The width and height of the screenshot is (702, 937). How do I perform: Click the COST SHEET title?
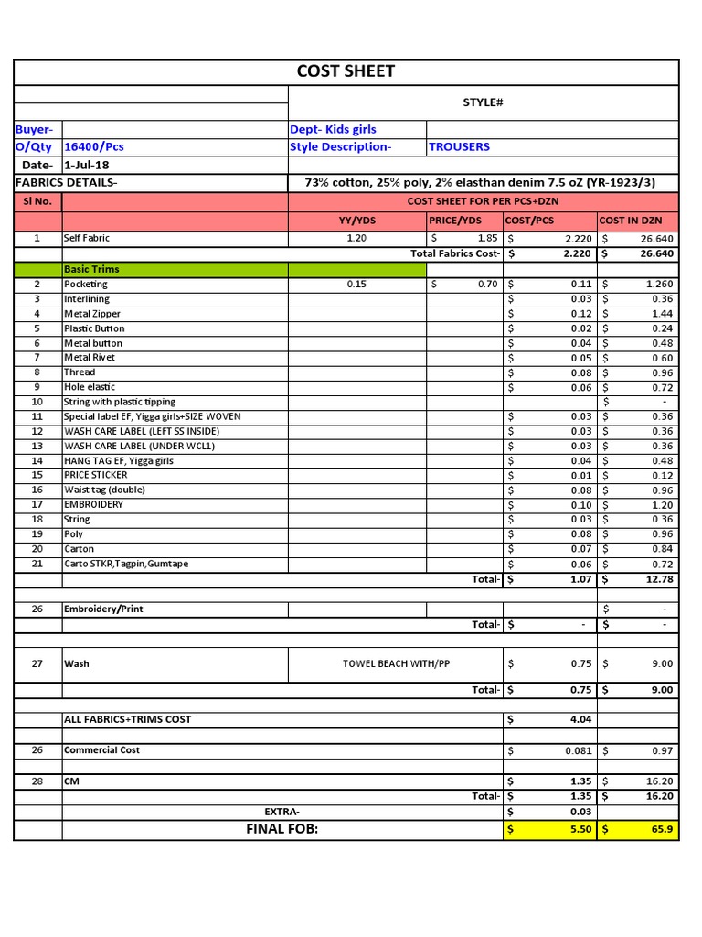pyautogui.click(x=346, y=72)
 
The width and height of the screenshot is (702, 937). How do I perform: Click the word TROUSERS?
pyautogui.click(x=459, y=146)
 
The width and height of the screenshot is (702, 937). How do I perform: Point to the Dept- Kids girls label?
pyautogui.click(x=333, y=129)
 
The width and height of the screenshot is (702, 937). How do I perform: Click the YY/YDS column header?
pyautogui.click(x=357, y=221)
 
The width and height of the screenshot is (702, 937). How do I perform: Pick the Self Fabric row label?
pyautogui.click(x=87, y=238)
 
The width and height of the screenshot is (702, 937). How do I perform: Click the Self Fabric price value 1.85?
pyautogui.click(x=486, y=238)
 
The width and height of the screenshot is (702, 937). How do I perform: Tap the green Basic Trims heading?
pyautogui.click(x=91, y=269)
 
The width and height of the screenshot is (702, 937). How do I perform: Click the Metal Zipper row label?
pyautogui.click(x=92, y=314)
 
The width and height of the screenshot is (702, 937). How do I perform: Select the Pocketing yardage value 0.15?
pyautogui.click(x=356, y=285)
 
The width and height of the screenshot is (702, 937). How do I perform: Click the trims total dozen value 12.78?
pyautogui.click(x=657, y=579)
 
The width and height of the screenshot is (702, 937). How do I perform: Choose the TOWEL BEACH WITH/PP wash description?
pyautogui.click(x=396, y=663)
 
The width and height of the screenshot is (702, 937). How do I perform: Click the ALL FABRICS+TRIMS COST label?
pyautogui.click(x=128, y=719)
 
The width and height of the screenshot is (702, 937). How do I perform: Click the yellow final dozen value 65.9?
pyautogui.click(x=661, y=829)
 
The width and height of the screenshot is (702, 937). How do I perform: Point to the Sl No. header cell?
pyautogui.click(x=37, y=200)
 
